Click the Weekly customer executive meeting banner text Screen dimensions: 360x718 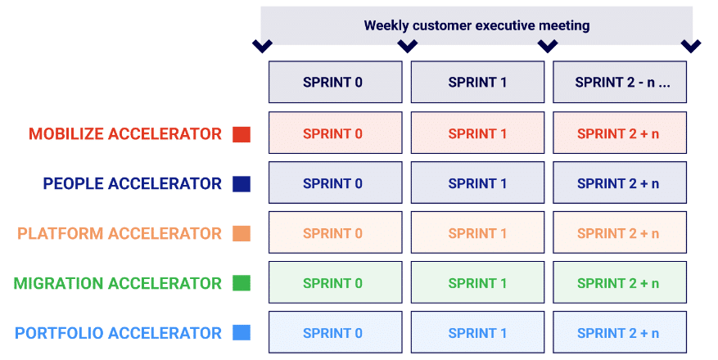(476, 25)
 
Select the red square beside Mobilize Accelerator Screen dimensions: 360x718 (241, 134)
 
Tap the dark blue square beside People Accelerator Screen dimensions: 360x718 (241, 184)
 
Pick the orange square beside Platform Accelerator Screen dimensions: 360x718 (241, 234)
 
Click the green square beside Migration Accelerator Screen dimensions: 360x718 (241, 284)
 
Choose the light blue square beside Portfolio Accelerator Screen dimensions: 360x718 (241, 333)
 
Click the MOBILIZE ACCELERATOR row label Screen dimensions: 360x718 (125, 134)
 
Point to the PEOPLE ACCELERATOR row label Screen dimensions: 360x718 (132, 184)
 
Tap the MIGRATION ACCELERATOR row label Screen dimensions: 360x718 (117, 284)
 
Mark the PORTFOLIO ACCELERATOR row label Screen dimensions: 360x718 (118, 333)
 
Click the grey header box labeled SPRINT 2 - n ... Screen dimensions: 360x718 (619, 82)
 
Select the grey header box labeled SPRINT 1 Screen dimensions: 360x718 (477, 82)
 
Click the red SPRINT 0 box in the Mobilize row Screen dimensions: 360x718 (335, 133)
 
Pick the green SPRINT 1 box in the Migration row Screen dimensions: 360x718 (477, 283)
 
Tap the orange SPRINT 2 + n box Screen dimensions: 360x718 (619, 233)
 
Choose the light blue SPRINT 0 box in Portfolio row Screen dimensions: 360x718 (335, 333)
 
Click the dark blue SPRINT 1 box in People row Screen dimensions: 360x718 (477, 183)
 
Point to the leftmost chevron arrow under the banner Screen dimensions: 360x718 (262, 46)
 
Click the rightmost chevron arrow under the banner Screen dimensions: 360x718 (691, 46)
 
